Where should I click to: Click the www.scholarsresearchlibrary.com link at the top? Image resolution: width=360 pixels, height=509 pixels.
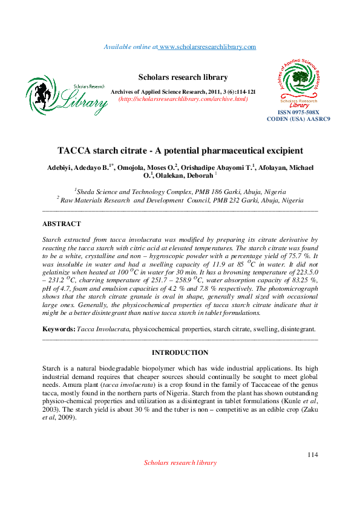pyautogui.click(x=207, y=47)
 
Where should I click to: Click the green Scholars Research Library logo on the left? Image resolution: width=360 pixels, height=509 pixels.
pyautogui.click(x=67, y=97)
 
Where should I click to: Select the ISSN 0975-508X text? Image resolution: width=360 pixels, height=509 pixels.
pyautogui.click(x=298, y=112)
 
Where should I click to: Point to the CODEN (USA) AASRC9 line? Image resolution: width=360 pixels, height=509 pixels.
pyautogui.click(x=298, y=119)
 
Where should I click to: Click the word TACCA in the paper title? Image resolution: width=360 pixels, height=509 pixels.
pyautogui.click(x=75, y=150)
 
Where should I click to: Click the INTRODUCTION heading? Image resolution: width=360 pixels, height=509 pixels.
pyautogui.click(x=180, y=352)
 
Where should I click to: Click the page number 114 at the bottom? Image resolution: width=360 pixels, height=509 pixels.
pyautogui.click(x=312, y=455)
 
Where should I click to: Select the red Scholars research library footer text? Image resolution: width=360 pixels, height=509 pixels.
pyautogui.click(x=180, y=462)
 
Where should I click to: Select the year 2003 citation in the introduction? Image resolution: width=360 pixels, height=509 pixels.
pyautogui.click(x=52, y=409)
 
